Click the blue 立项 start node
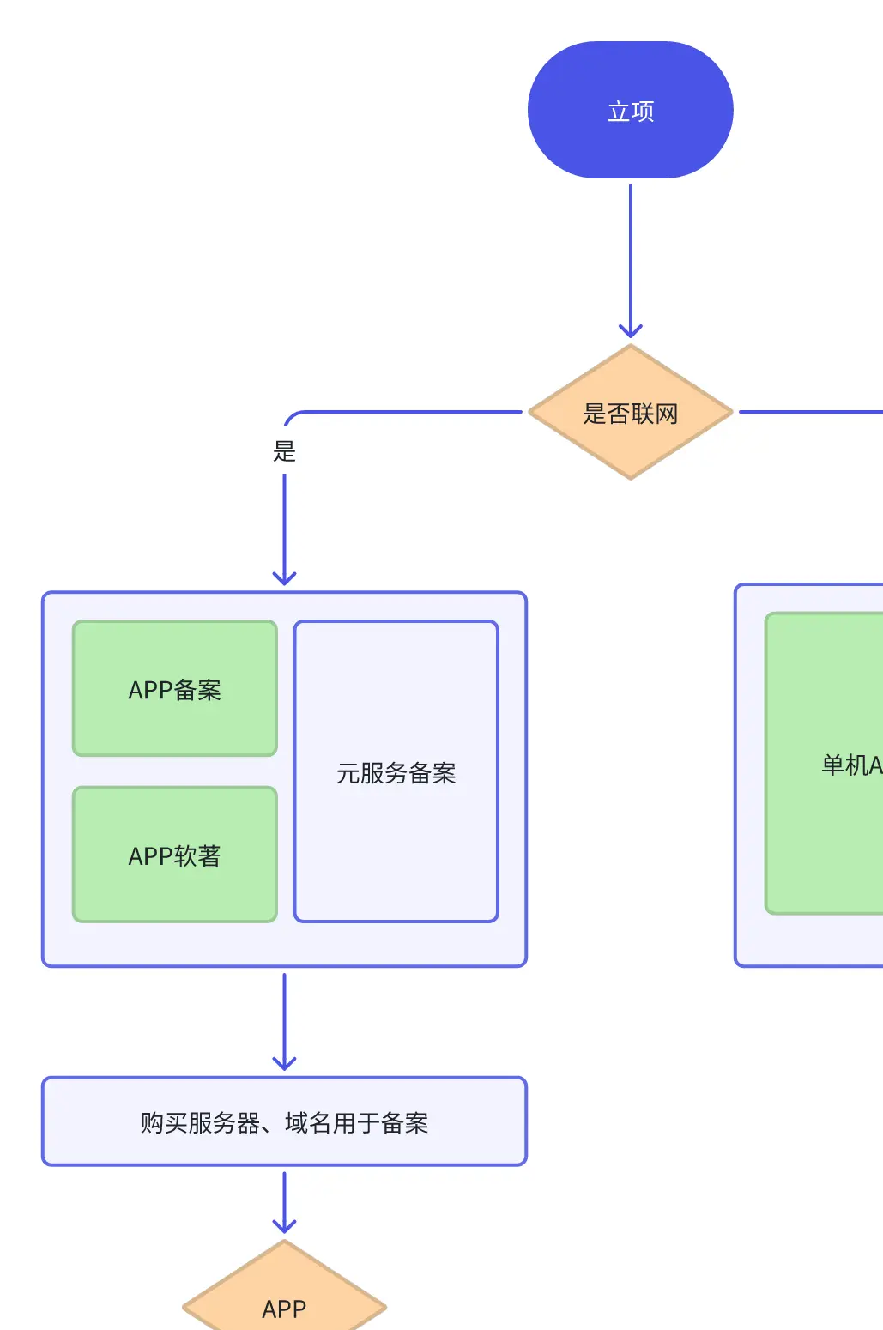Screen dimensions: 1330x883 [x=630, y=110]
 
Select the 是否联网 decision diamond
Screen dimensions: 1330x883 [x=630, y=413]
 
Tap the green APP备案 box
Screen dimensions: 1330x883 [x=175, y=689]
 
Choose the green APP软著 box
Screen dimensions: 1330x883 [x=175, y=855]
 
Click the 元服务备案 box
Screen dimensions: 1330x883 [x=396, y=772]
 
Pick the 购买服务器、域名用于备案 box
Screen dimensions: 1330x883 [x=284, y=1121]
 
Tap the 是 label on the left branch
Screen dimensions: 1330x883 [x=284, y=451]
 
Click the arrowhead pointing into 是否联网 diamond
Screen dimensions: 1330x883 [x=630, y=331]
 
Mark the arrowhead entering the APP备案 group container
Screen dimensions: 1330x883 [x=284, y=577]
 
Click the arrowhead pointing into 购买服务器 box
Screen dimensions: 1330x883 [x=284, y=1063]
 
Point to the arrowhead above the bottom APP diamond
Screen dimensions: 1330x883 [x=284, y=1226]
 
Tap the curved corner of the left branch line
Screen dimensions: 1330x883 [x=290, y=417]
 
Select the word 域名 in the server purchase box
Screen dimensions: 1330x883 [x=308, y=1122]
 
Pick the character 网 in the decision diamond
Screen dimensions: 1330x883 [x=666, y=414]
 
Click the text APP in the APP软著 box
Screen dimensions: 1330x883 [x=150, y=855]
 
